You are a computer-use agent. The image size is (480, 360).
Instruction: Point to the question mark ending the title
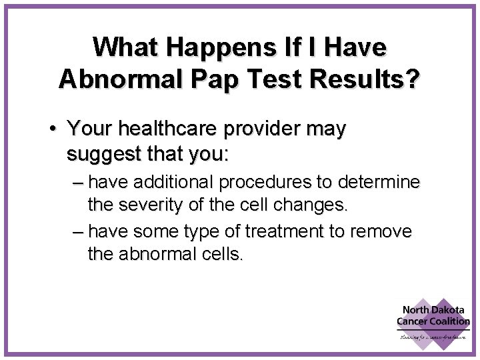(413, 77)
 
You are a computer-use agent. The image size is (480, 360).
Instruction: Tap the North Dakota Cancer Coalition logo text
(433, 315)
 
